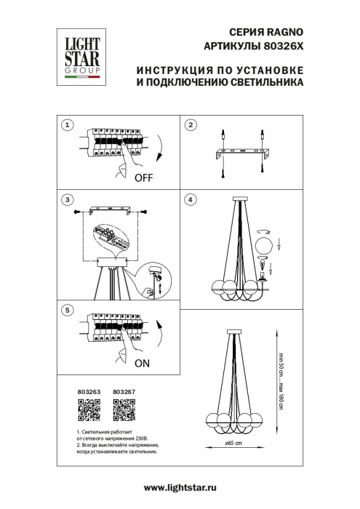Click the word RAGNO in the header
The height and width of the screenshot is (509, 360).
coord(284,33)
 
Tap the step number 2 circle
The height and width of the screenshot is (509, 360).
coord(190,125)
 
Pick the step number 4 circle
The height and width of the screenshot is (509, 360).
coord(190,199)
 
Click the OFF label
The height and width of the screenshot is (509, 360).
coord(143,177)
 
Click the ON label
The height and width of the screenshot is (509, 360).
coord(141,361)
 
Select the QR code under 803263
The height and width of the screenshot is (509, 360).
coord(87,412)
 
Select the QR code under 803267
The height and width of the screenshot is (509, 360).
coord(124,412)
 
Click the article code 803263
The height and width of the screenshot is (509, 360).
coord(87,392)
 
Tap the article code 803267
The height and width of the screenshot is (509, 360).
coord(124,392)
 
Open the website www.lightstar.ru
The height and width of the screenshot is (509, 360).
coord(180,487)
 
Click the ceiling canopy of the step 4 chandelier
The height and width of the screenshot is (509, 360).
coord(241,201)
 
